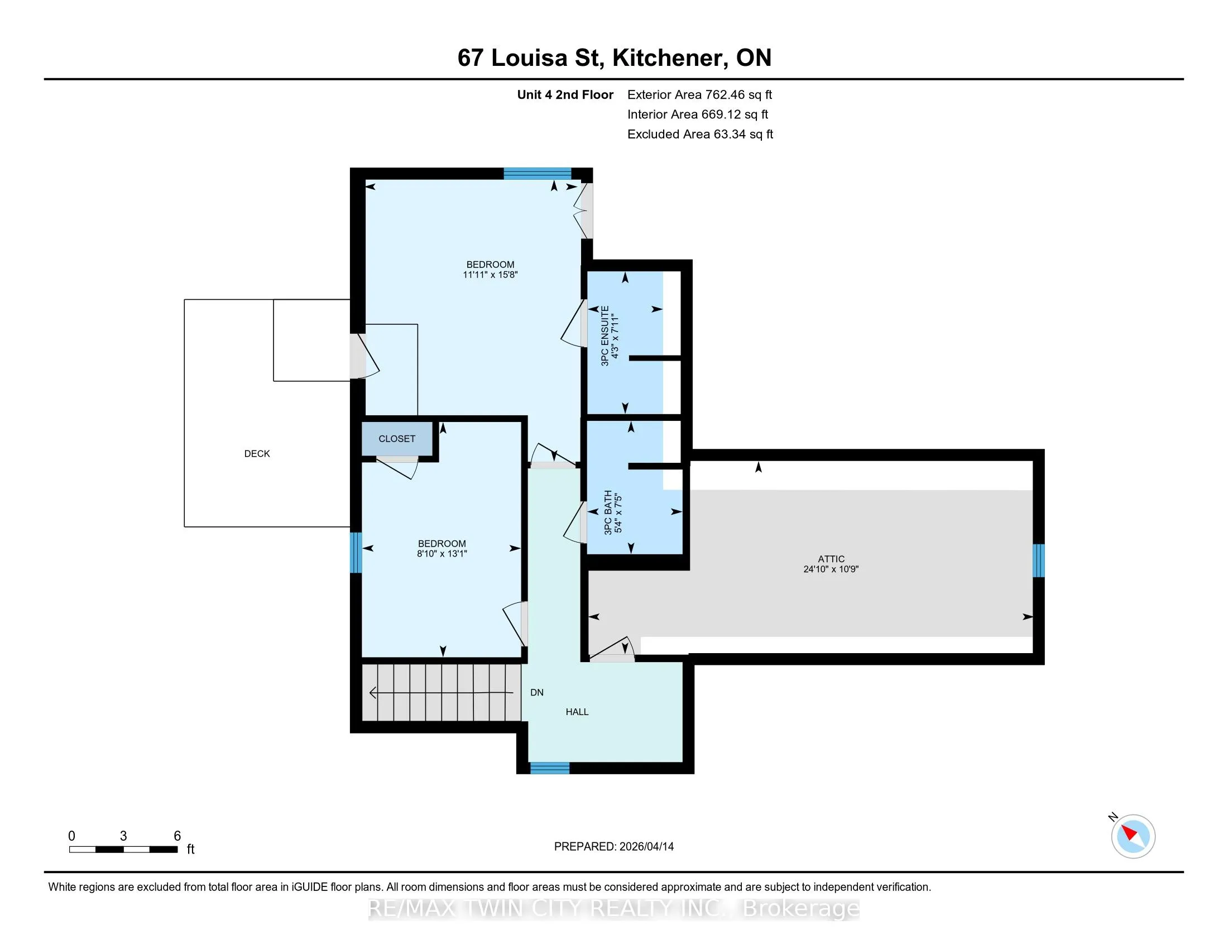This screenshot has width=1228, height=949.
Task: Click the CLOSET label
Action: (x=397, y=439)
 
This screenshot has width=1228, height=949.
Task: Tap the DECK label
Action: (x=257, y=454)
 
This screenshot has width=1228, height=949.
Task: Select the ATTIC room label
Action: (x=831, y=559)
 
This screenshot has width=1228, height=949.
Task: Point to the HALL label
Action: (x=577, y=712)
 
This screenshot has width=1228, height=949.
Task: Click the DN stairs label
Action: (x=537, y=693)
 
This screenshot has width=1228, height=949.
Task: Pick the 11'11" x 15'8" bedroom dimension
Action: (x=490, y=275)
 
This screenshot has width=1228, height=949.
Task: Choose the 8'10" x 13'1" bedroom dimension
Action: (x=442, y=554)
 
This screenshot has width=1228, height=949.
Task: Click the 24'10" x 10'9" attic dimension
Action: (x=831, y=569)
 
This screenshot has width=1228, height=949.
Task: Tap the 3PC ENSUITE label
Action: (x=605, y=336)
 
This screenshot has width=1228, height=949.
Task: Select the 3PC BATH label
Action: (x=608, y=512)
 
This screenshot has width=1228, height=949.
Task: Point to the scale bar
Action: (x=124, y=850)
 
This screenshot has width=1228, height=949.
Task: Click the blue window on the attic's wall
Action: (x=1039, y=560)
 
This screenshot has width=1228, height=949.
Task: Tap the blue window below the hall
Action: (x=550, y=768)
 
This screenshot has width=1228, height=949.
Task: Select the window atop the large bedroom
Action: (x=537, y=173)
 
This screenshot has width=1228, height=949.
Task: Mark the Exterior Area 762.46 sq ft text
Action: (x=699, y=95)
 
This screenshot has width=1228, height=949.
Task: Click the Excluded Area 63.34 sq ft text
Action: (x=700, y=135)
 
